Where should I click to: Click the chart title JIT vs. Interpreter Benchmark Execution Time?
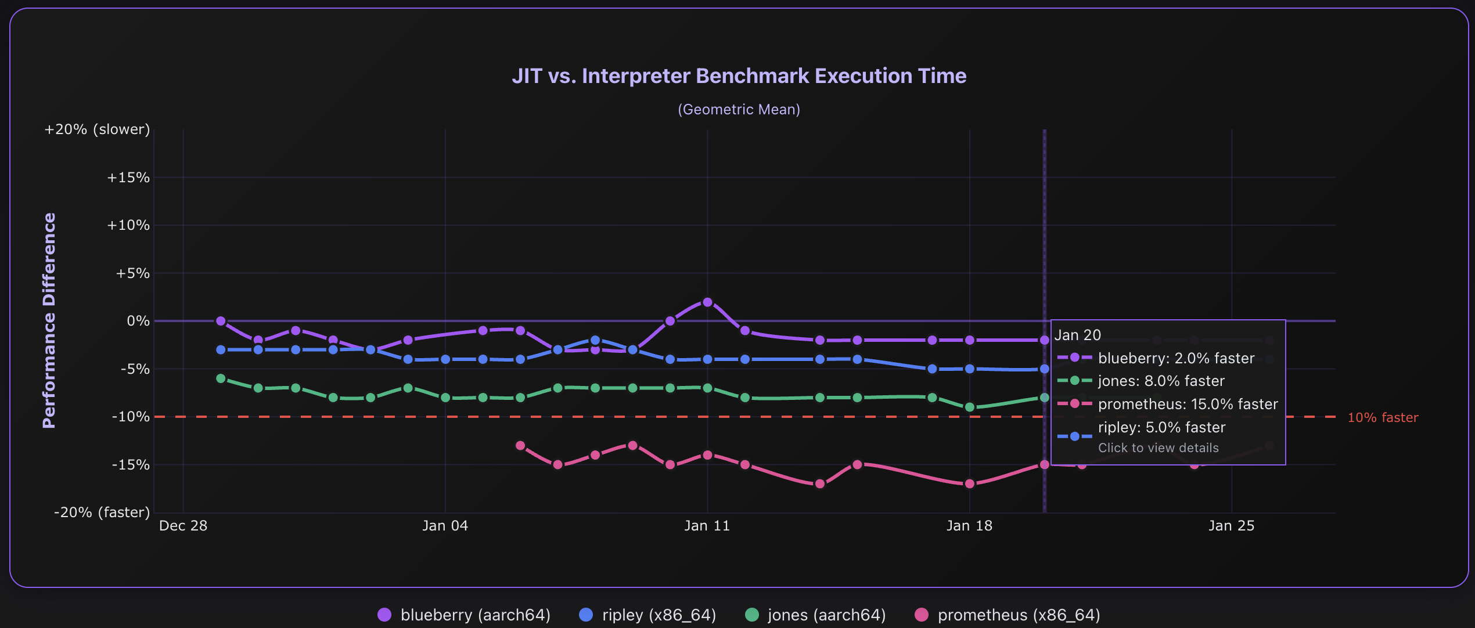click(739, 76)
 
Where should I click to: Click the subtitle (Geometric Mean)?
click(739, 110)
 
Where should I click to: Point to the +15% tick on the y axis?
click(128, 178)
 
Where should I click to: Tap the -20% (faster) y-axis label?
click(102, 512)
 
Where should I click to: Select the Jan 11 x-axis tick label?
click(707, 526)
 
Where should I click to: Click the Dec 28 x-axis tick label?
click(183, 526)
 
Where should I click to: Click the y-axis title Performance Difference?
click(49, 320)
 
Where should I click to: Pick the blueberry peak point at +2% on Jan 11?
click(707, 302)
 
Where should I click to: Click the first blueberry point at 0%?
click(221, 321)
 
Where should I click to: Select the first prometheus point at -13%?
click(520, 446)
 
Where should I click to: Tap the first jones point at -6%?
click(221, 378)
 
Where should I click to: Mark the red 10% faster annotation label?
click(1382, 418)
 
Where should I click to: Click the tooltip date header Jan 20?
click(1077, 335)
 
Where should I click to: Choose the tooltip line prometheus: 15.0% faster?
click(1188, 404)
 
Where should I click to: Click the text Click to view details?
click(1158, 448)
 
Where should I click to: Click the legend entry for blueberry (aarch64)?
click(464, 615)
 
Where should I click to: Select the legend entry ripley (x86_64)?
click(647, 615)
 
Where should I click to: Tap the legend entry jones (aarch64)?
click(815, 615)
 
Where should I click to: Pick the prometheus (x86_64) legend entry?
click(1007, 615)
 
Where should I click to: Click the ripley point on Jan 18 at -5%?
click(969, 369)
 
